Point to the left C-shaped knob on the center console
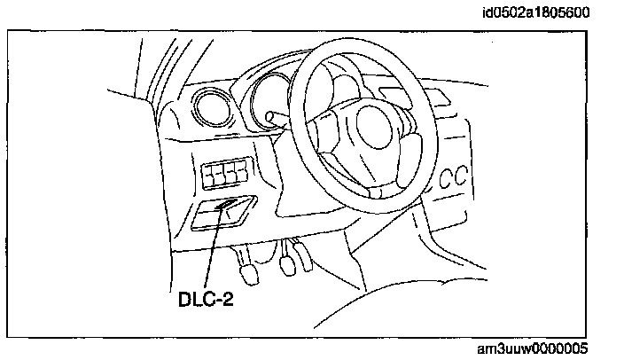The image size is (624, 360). pos(445,176)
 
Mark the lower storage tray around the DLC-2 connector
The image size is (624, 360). pos(222,215)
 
